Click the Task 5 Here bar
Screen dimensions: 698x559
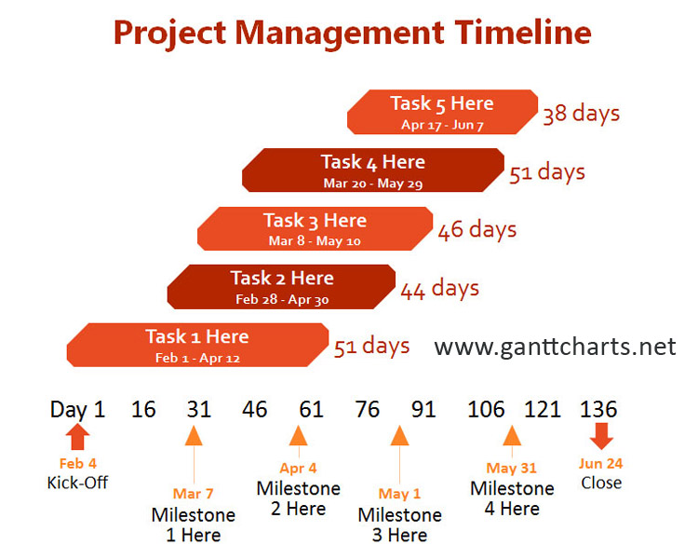point(442,112)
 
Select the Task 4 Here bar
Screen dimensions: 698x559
point(373,170)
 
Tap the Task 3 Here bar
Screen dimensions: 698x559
point(315,228)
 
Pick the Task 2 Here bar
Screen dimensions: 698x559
point(281,287)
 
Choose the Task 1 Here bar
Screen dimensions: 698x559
point(197,345)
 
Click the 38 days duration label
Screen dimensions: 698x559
point(581,114)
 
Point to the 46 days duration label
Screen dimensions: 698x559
point(477,230)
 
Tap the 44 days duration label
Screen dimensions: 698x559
point(440,289)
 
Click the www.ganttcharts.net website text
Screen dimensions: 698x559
point(555,348)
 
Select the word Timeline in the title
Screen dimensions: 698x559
point(523,33)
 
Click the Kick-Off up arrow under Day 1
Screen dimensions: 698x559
point(77,436)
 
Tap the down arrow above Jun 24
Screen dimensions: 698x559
point(601,436)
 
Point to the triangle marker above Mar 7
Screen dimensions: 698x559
point(194,435)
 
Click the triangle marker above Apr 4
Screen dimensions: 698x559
point(298,435)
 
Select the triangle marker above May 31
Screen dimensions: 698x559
point(512,435)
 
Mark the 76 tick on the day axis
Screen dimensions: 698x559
point(368,409)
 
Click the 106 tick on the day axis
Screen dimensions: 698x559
point(486,409)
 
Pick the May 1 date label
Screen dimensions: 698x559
point(399,494)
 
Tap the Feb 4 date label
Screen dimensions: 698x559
point(78,464)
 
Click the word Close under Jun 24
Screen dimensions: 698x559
point(601,483)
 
